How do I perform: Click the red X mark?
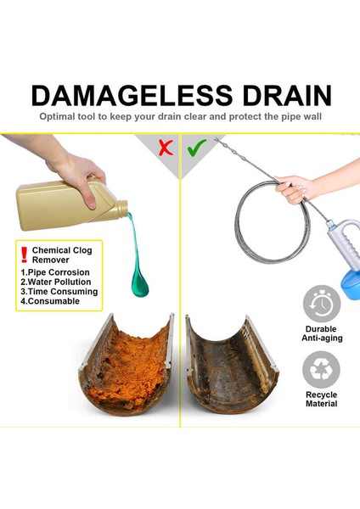166,148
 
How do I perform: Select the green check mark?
196,148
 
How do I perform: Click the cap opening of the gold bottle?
124,206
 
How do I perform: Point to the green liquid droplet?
139,283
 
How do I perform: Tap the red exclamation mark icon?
24,253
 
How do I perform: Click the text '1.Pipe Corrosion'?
54,271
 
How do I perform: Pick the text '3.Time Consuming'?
59,291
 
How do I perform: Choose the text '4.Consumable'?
50,301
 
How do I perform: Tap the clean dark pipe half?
229,365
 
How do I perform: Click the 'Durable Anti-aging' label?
321,333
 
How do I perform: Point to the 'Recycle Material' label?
321,399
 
